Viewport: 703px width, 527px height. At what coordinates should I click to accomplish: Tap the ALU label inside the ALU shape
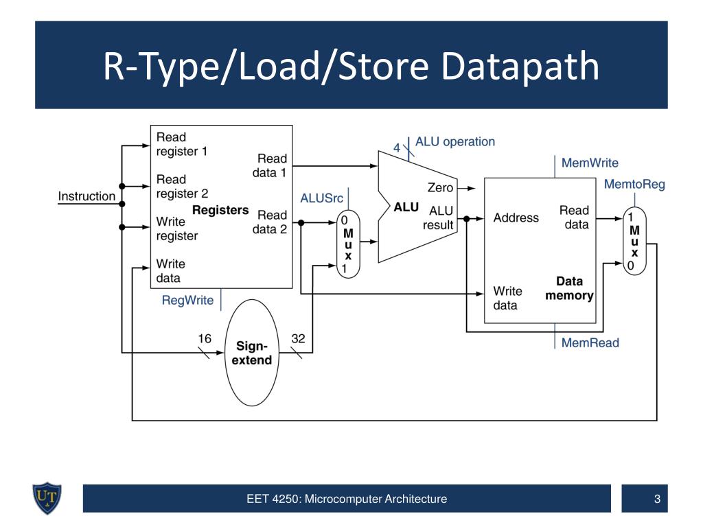coord(406,207)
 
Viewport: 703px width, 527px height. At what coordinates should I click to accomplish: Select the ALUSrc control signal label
coord(321,198)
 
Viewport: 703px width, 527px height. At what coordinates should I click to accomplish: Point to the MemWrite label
coord(590,163)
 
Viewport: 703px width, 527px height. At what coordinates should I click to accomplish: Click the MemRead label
coord(590,343)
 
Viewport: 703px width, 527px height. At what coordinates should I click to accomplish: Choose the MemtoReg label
coord(634,184)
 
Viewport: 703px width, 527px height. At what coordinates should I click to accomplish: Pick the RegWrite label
coord(187,301)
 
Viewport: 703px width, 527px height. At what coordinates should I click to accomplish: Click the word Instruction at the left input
coord(87,196)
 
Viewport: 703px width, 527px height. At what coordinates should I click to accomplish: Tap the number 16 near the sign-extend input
coord(205,338)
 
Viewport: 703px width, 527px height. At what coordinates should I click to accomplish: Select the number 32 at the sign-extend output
coord(298,338)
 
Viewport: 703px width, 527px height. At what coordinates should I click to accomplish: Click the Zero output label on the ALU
coord(440,187)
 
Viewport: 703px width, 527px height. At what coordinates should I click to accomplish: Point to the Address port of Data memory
coord(516,218)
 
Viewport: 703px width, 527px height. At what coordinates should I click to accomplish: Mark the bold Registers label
coord(220,210)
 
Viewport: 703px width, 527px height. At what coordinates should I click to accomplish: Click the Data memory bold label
coord(569,288)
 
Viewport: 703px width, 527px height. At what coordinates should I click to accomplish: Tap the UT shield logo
coord(47,498)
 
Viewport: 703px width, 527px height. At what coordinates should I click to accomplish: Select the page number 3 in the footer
coord(657,499)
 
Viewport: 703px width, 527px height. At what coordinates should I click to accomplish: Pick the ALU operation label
coord(455,141)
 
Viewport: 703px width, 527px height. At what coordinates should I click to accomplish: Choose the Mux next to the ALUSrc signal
coord(348,244)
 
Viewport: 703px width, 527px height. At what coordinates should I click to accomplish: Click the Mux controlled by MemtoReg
coord(634,241)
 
